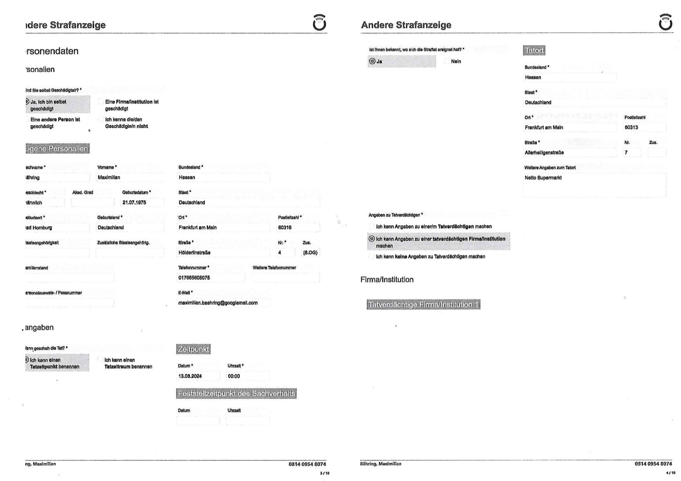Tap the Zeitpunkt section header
click(x=193, y=349)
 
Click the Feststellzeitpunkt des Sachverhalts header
click(x=236, y=394)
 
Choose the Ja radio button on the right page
click(x=372, y=61)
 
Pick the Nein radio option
click(x=447, y=61)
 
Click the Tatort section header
click(x=534, y=51)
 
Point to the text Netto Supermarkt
click(x=543, y=178)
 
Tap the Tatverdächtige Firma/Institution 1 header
click(x=423, y=305)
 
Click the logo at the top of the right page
click(x=665, y=22)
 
